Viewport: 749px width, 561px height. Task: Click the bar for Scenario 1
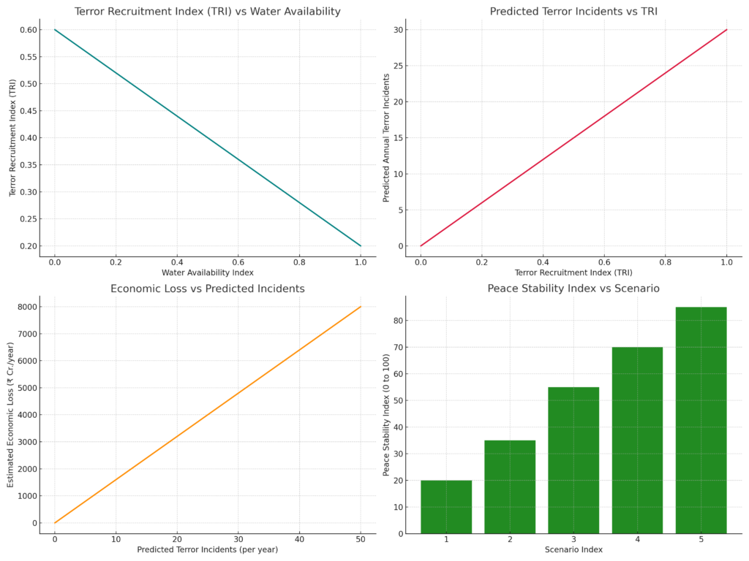click(446, 507)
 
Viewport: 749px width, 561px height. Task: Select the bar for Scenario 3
click(573, 460)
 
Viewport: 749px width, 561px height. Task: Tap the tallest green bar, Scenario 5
click(701, 420)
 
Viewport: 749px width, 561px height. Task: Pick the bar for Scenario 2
click(510, 486)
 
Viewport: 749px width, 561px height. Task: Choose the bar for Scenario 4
click(637, 440)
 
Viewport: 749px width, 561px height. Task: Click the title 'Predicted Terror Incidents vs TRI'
click(573, 12)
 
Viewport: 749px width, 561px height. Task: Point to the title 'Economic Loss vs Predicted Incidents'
click(208, 289)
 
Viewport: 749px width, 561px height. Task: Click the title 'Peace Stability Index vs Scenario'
click(573, 289)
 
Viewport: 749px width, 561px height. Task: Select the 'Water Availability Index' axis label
click(208, 272)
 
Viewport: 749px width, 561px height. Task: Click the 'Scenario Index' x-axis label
click(573, 549)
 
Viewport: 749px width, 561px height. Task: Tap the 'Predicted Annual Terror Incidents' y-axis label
click(387, 138)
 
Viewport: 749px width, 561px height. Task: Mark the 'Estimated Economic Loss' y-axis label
click(11, 414)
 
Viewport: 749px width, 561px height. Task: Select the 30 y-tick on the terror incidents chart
click(399, 30)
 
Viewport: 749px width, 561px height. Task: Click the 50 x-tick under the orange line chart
click(361, 538)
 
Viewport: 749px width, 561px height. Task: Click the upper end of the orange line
click(361, 307)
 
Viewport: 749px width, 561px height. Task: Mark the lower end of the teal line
click(361, 245)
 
